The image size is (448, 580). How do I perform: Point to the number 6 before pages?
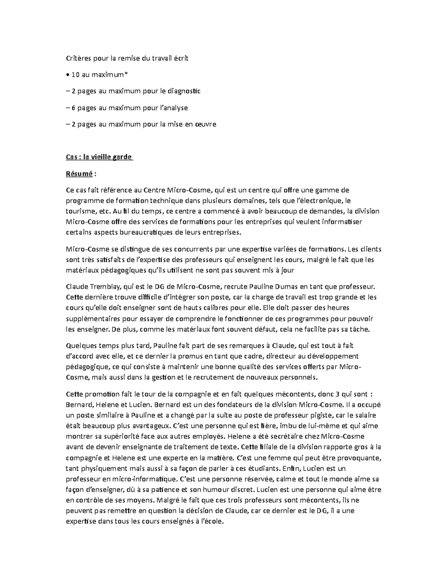point(74,108)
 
